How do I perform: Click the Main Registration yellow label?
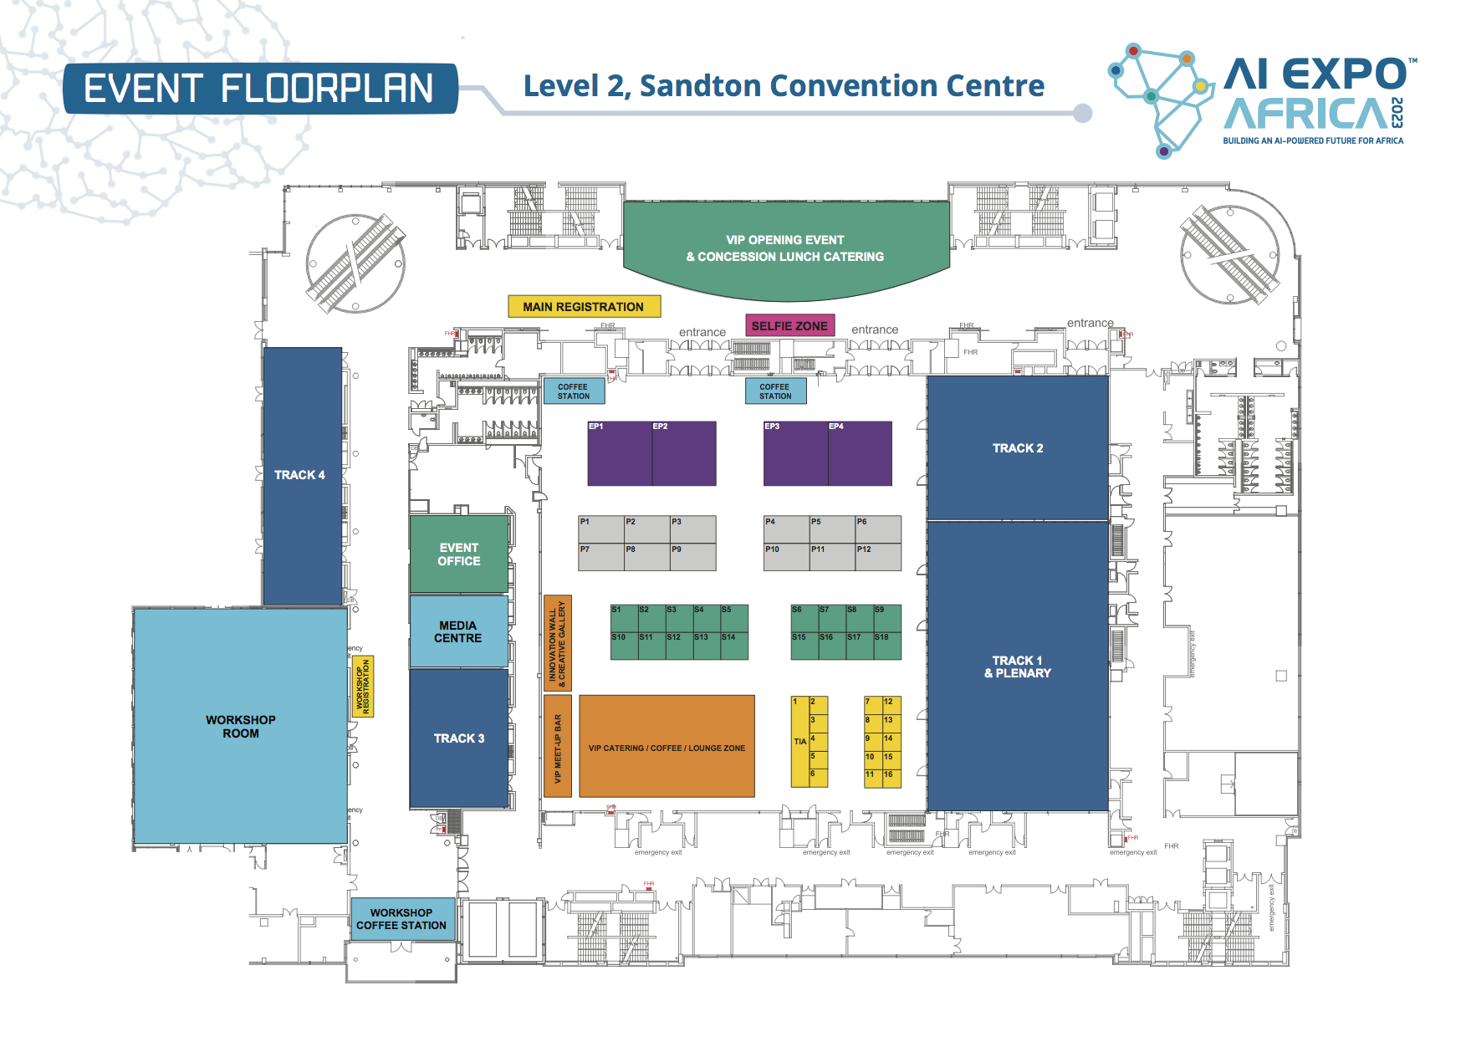coord(584,307)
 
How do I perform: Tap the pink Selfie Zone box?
coord(789,325)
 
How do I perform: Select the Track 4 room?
coord(302,475)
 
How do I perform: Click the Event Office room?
coord(459,554)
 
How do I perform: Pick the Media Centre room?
coord(458,631)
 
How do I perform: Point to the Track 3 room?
coord(459,738)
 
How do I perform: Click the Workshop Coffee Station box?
coord(401,919)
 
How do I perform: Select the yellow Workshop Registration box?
coord(363,687)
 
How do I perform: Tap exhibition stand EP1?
coord(620,454)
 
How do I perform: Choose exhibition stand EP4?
coord(860,454)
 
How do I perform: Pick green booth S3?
coord(678,618)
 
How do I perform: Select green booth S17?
coord(859,646)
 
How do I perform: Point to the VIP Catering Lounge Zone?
coord(667,747)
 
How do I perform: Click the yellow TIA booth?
coord(800,742)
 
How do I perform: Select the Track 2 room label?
coord(1018,448)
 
